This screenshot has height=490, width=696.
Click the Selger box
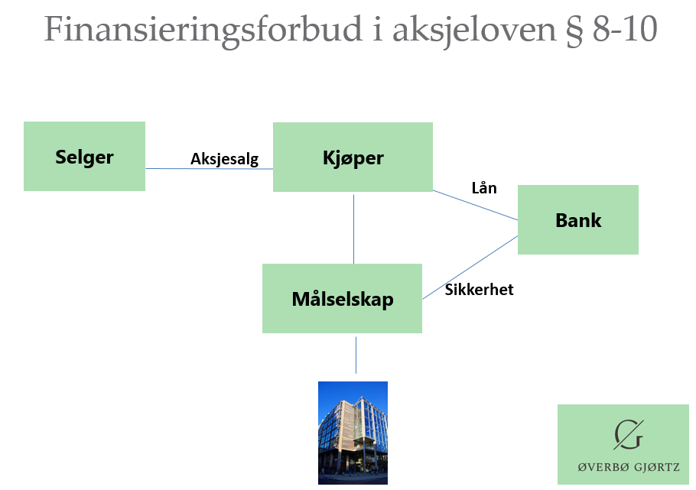pos(84,157)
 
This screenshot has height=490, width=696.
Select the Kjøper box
pos(353,157)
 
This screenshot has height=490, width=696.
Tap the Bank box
pos(578,220)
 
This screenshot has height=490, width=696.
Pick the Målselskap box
pos(342,298)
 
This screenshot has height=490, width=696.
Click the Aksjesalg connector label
pos(224,159)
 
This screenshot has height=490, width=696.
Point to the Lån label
pos(484,188)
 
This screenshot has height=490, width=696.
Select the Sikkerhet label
pos(479,290)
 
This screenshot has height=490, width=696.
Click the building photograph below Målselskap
pos(353,432)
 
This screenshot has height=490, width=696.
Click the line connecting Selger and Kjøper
pos(184,169)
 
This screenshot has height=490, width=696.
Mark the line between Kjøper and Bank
pos(475,206)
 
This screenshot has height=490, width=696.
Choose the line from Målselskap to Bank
pos(470,268)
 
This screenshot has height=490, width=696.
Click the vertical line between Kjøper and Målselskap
pos(353,229)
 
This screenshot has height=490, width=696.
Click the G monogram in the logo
pos(628,435)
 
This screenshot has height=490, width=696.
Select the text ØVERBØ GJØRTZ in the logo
pos(628,467)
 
